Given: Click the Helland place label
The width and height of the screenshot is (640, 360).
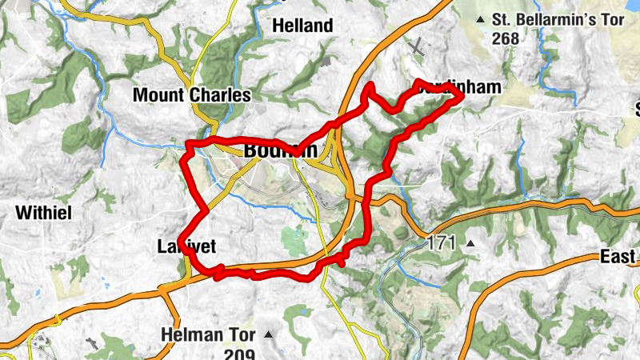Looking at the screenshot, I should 302,26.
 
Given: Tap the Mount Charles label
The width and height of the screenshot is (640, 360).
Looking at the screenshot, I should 191,95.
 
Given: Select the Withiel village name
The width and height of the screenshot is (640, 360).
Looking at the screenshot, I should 44,213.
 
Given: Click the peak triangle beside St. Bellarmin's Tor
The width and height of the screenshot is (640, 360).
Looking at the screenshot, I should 480,19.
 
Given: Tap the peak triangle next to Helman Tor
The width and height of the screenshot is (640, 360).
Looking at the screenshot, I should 268,334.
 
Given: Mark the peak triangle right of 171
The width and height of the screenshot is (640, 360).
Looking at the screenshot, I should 470,242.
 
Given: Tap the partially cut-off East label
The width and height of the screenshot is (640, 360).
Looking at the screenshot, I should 619,257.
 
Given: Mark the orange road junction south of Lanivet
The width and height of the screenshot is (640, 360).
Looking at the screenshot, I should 166,287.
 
